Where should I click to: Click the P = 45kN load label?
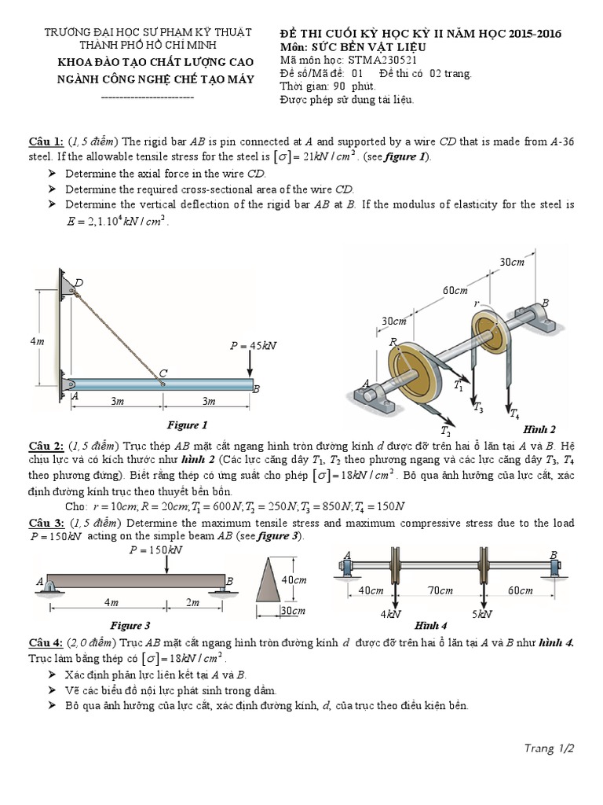click(x=253, y=345)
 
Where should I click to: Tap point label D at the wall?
click(x=79, y=283)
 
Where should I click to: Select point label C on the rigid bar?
click(x=163, y=373)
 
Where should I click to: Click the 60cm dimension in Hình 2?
click(x=454, y=291)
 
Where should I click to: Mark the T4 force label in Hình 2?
click(x=513, y=413)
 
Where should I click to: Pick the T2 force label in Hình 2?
click(x=445, y=432)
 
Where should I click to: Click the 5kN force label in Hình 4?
click(x=481, y=614)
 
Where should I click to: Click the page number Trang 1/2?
click(x=550, y=748)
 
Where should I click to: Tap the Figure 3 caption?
click(x=130, y=626)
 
